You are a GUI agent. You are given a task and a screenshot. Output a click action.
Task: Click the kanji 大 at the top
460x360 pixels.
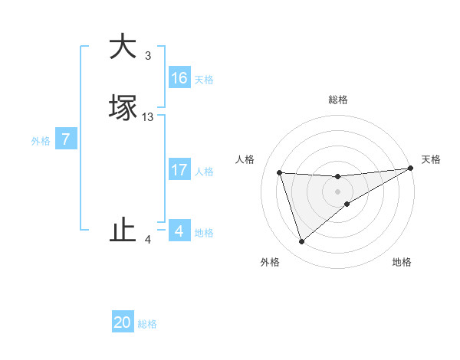[x=122, y=47]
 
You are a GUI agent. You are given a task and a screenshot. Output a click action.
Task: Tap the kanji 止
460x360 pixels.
[x=123, y=231]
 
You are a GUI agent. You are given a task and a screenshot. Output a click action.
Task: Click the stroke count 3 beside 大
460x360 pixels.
[x=148, y=55]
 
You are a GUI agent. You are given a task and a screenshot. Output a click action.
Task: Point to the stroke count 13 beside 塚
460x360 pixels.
[x=148, y=117]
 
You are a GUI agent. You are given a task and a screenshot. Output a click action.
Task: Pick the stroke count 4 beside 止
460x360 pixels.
[x=148, y=240]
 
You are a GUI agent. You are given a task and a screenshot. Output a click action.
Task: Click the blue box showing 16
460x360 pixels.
[x=179, y=78]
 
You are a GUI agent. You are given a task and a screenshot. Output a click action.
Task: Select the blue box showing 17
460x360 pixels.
[x=179, y=170]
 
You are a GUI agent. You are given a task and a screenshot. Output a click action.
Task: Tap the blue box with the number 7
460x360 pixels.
[x=66, y=139]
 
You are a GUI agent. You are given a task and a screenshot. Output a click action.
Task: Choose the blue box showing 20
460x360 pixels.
[x=123, y=323]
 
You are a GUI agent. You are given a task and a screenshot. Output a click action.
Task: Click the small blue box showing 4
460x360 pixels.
[x=179, y=231]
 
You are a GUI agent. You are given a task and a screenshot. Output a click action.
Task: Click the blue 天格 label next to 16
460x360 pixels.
[x=204, y=80]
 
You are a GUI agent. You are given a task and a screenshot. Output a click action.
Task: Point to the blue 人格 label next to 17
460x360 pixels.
[x=204, y=172]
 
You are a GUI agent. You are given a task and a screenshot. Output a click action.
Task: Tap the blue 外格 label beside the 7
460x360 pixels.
[x=41, y=141]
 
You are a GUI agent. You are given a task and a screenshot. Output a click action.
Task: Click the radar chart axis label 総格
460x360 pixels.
[x=338, y=100]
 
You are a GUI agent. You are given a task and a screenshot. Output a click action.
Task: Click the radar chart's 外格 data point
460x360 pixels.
[x=301, y=242]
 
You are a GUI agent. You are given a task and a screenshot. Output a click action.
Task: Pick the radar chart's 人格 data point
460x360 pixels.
[x=280, y=172]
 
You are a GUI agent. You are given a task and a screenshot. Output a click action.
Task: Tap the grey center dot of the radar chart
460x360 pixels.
[x=338, y=191]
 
